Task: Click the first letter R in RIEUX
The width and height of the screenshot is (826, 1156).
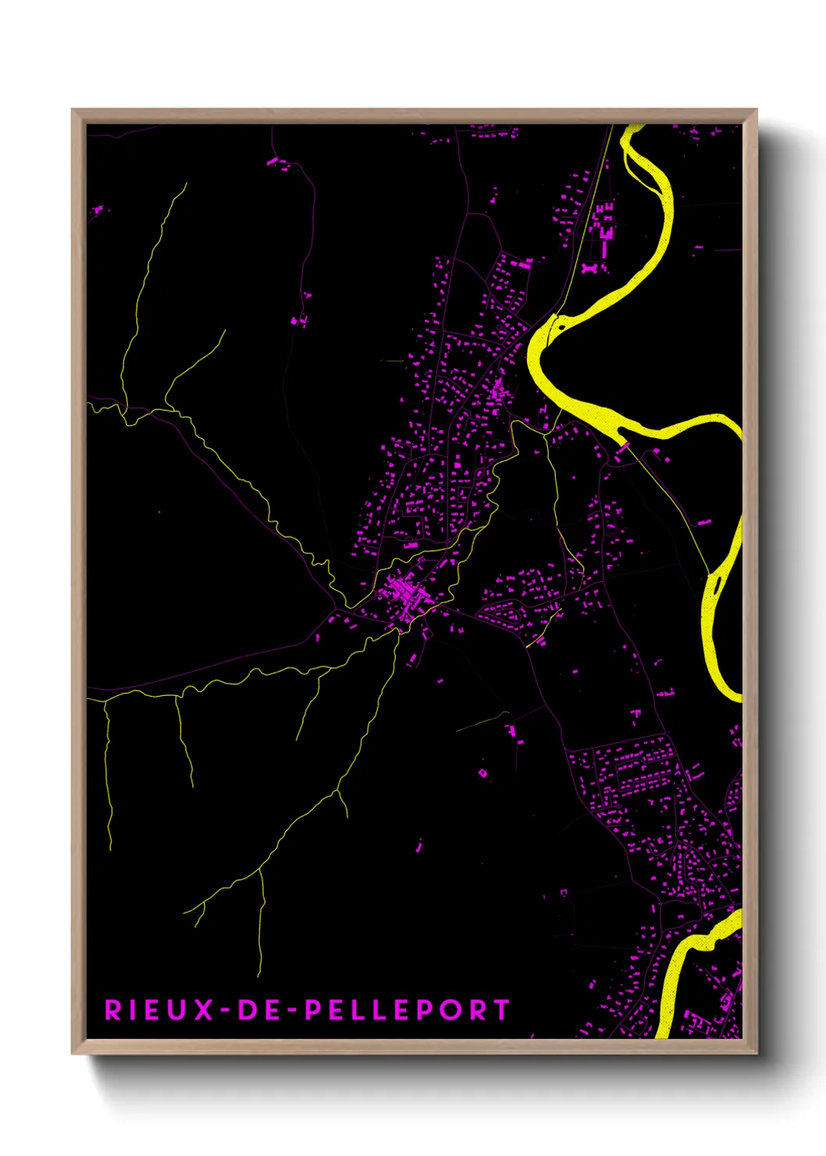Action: [113, 1010]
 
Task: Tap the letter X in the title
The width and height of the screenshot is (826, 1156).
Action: [204, 1010]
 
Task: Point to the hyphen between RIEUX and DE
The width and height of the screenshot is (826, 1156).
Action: [225, 1011]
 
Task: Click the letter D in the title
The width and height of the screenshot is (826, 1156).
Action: [247, 1010]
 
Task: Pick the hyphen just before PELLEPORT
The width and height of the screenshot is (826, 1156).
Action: [293, 1011]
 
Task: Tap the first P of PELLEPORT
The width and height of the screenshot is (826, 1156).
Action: [313, 1010]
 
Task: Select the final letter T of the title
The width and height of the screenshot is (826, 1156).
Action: [500, 1010]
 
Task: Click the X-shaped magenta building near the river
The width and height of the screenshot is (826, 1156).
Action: [589, 268]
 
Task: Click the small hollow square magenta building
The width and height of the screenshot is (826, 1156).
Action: [482, 772]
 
